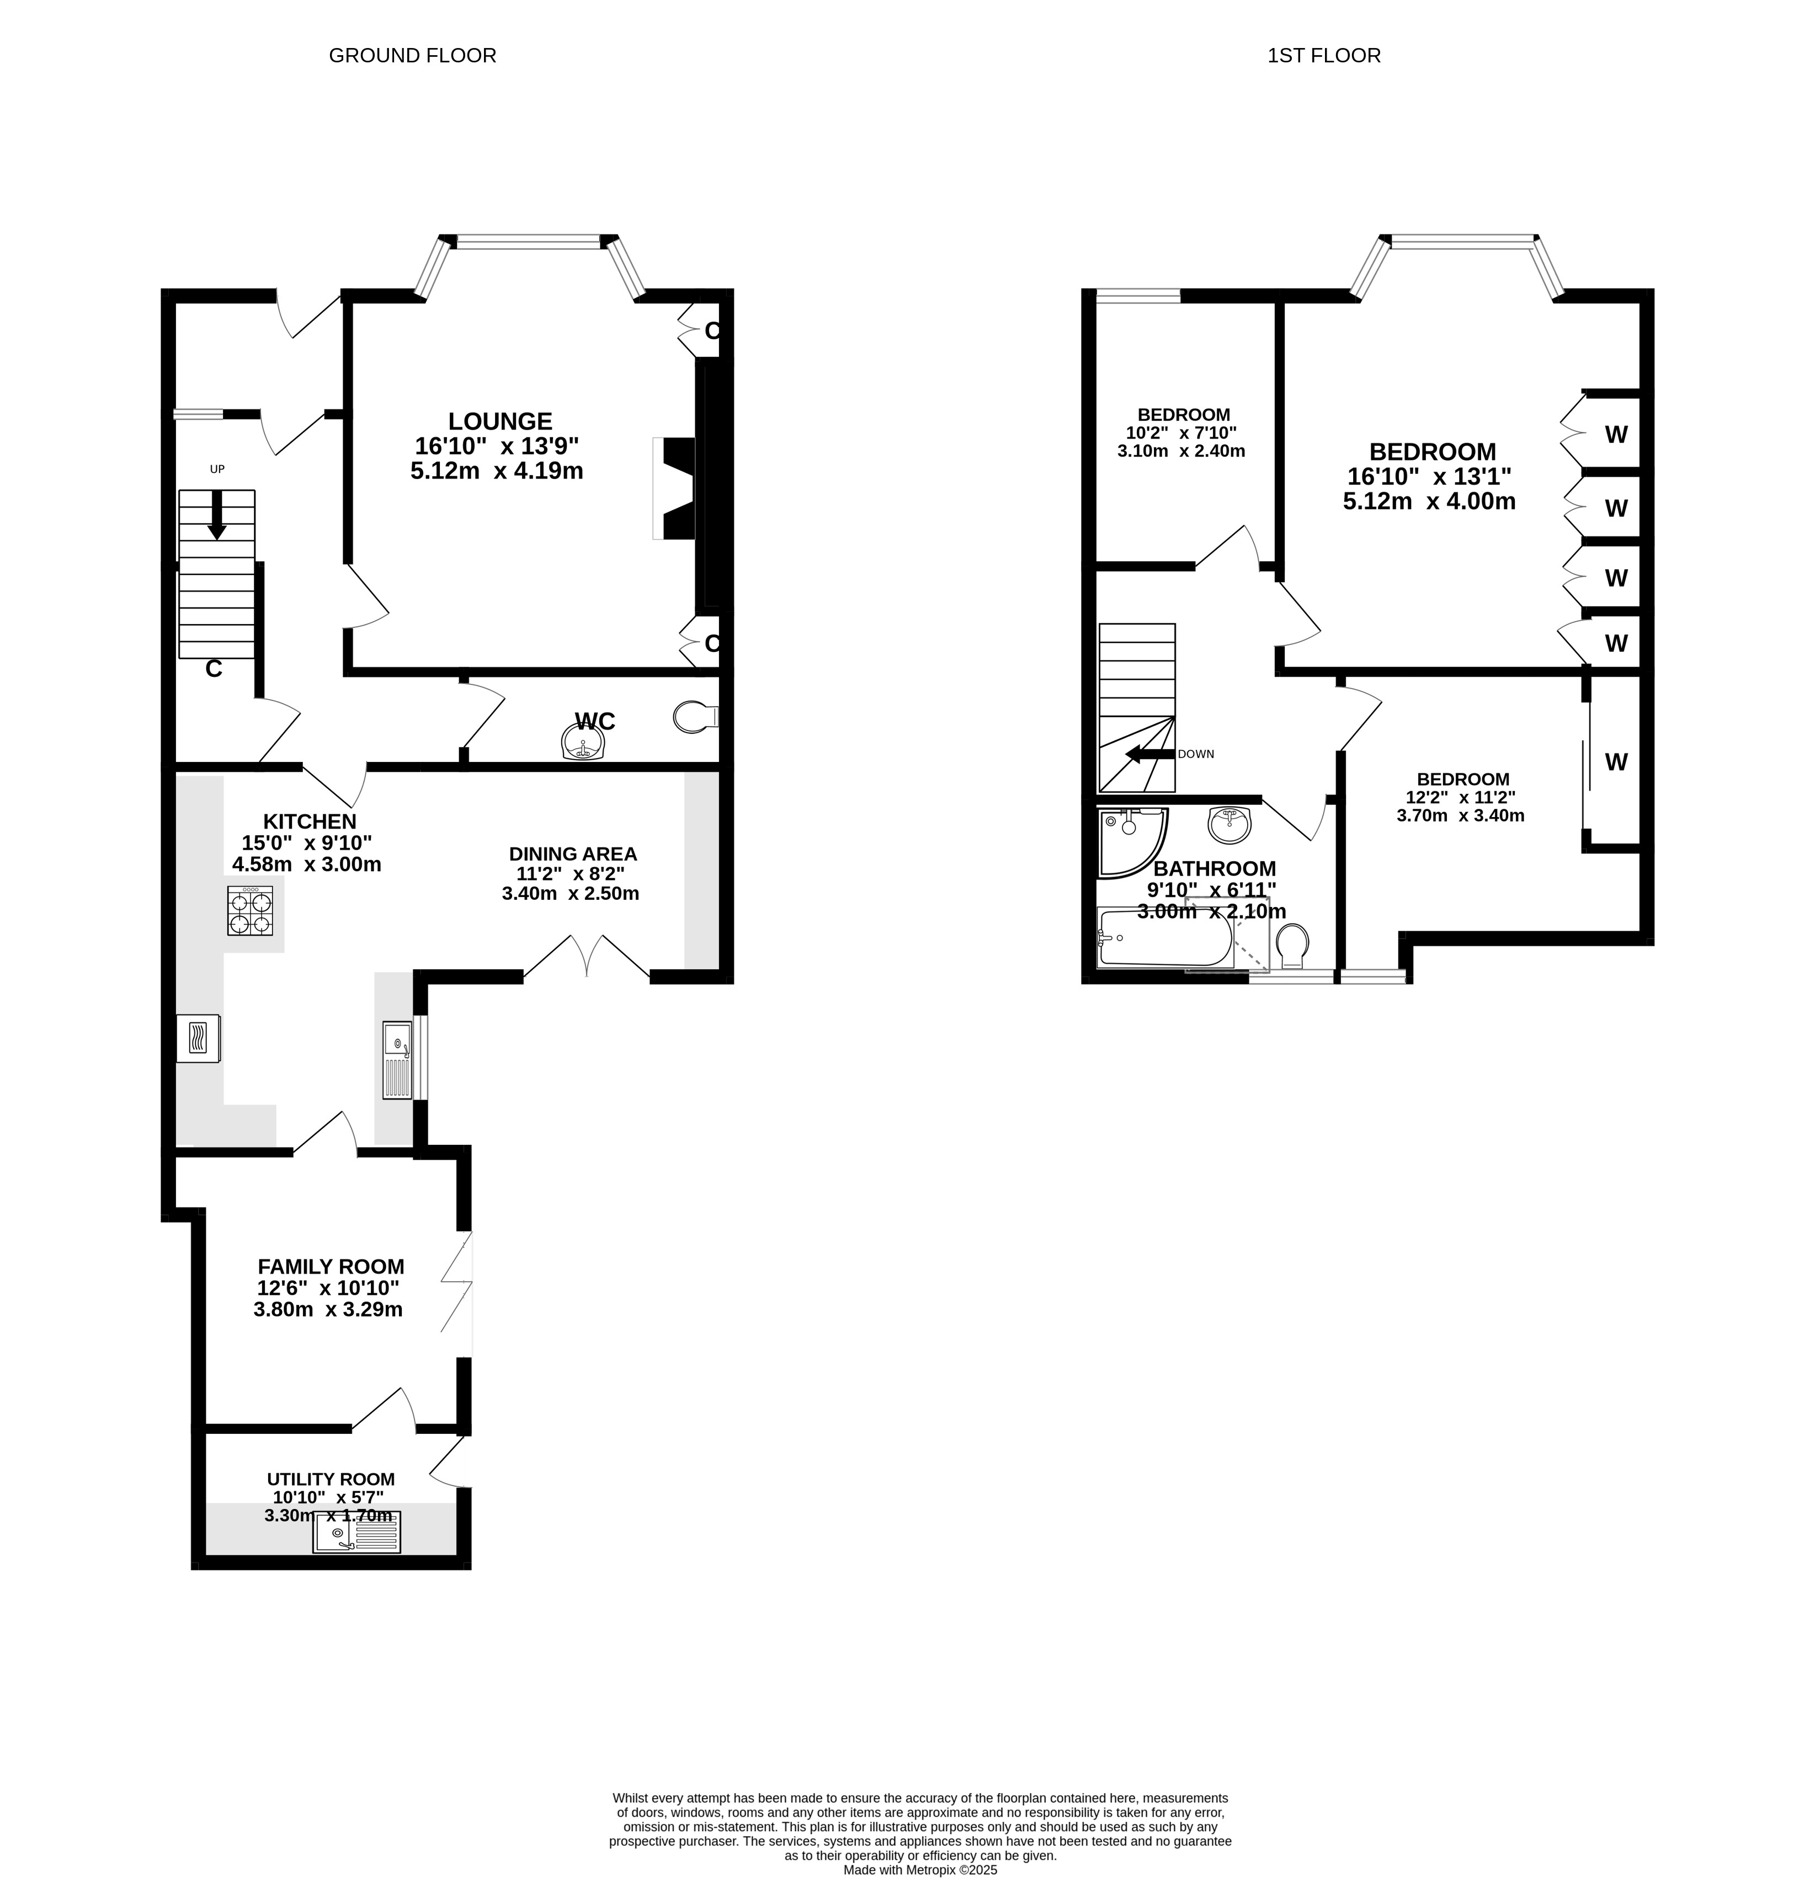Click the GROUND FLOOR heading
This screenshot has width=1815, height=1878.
[x=412, y=56]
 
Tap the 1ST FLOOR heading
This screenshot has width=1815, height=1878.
[x=1323, y=56]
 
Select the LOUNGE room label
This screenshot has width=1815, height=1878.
[x=500, y=422]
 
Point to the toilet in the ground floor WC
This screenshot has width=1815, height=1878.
[x=696, y=716]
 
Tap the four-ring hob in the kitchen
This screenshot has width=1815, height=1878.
[x=250, y=910]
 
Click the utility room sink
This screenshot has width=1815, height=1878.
[x=356, y=1532]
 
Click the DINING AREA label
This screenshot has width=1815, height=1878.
[x=573, y=853]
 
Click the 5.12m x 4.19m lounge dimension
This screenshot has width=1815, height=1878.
[x=497, y=471]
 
